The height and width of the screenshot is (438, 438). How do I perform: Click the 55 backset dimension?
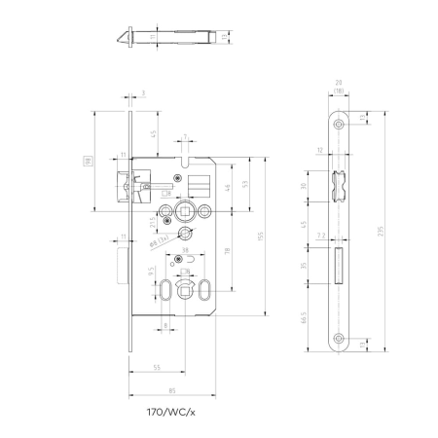tap(156, 366)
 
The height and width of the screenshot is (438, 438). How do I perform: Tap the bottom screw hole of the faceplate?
tap(339, 342)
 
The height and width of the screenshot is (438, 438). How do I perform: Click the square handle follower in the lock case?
tap(181, 210)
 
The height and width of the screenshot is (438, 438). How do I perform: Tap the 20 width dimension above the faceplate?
tap(339, 85)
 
